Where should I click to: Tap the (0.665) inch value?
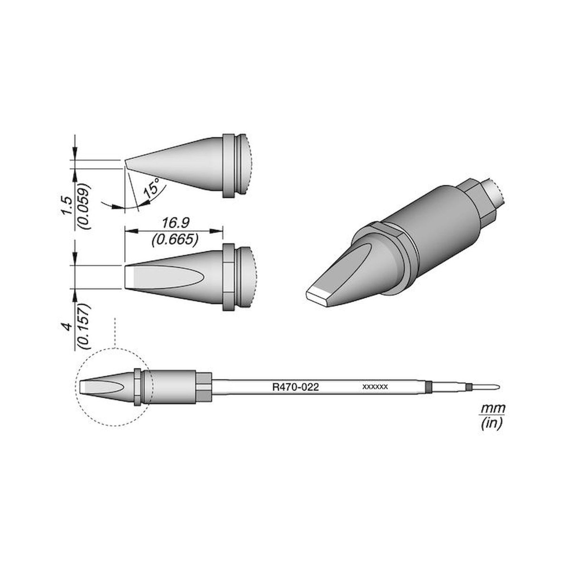(x=175, y=240)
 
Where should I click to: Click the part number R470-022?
(x=295, y=387)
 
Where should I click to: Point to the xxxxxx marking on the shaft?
(x=375, y=387)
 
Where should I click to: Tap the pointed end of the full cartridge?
(x=498, y=388)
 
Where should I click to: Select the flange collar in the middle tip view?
(x=228, y=277)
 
